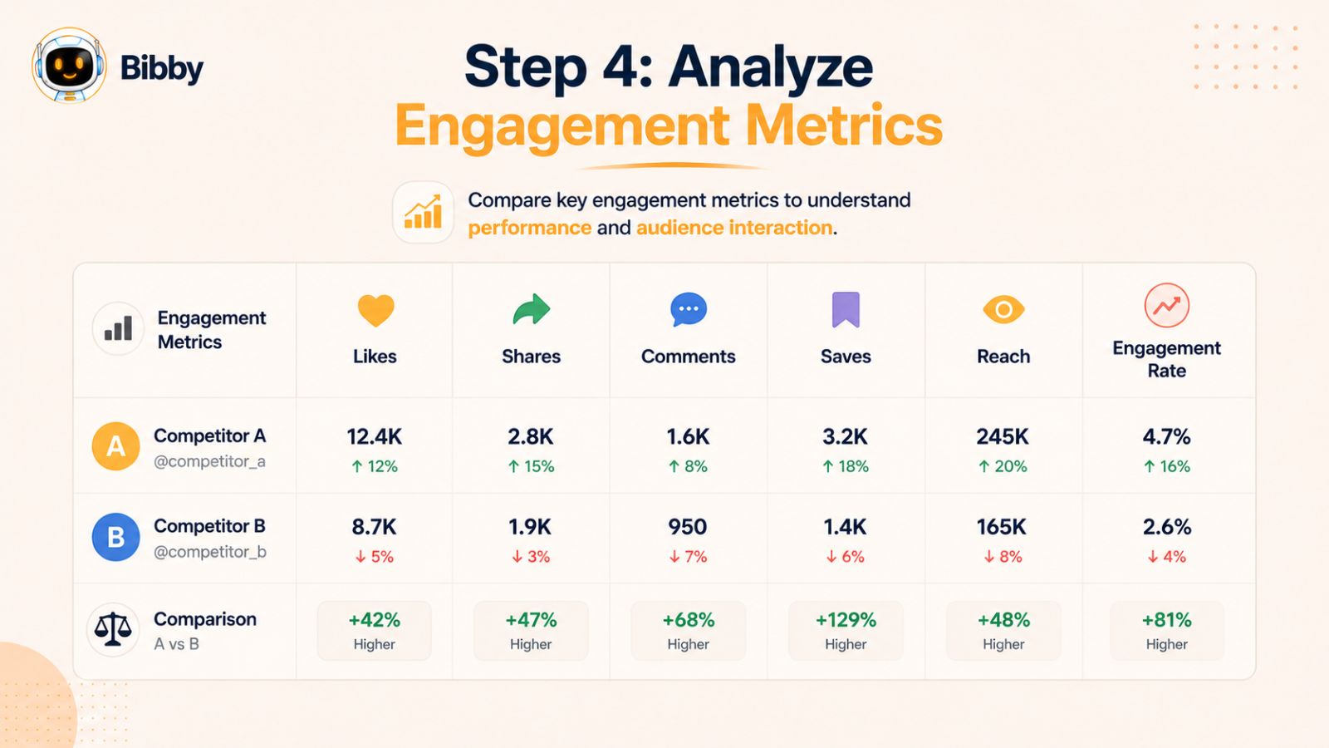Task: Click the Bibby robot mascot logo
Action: [70, 65]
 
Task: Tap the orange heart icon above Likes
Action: [375, 310]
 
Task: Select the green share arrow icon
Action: [532, 309]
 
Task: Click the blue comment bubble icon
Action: [689, 309]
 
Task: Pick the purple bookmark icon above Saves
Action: [846, 309]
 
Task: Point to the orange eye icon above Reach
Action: [1003, 309]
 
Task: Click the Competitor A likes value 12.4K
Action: [375, 437]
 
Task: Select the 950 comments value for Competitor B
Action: [688, 527]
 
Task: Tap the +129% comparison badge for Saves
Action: [846, 631]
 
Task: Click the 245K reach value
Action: [1003, 437]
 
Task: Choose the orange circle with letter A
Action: [115, 446]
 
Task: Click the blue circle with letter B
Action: [115, 537]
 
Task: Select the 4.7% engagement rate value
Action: [1166, 437]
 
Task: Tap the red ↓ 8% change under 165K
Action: [1003, 557]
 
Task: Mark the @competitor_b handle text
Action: [210, 552]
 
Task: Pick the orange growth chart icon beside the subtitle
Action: [423, 212]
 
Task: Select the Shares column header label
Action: [531, 357]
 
